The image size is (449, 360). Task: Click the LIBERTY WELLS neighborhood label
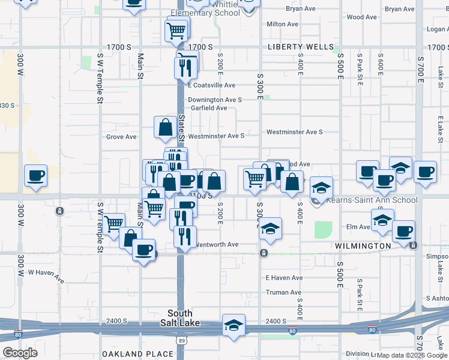pos(301,47)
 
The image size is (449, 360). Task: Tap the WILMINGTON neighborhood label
pos(363,247)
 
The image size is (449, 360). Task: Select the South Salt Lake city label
pos(180,318)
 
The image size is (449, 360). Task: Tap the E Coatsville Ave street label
pos(211,86)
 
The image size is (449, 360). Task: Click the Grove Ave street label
pos(121,137)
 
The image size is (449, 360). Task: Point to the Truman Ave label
pos(284,293)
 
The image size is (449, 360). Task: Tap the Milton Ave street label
pos(282,25)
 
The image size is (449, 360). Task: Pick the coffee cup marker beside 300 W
pos(35,175)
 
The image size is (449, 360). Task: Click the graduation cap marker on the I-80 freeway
pos(233,325)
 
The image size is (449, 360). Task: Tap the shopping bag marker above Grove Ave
pos(165,127)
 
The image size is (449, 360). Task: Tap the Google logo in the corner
pos(20,353)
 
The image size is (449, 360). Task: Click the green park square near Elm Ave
pos(323,229)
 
